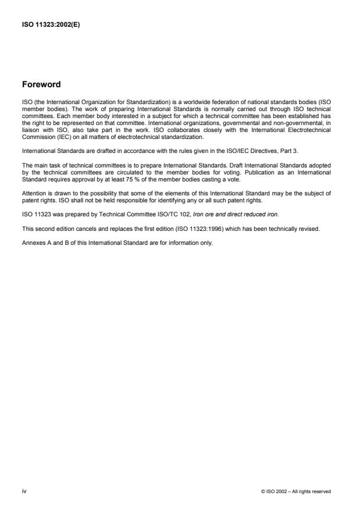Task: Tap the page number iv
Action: (x=24, y=491)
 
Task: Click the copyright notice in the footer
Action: (x=297, y=491)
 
